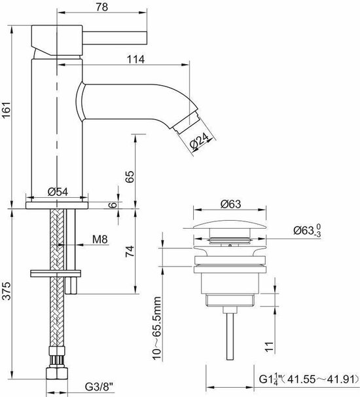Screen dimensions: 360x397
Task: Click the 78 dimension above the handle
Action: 101,7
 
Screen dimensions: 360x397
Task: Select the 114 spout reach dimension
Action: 135,59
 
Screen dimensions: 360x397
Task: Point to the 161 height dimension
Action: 6,109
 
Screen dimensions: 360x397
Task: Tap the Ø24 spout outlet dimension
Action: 199,140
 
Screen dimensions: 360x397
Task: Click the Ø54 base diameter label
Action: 58,192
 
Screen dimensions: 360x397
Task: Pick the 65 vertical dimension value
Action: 130,176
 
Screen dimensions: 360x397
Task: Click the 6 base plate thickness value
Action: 114,204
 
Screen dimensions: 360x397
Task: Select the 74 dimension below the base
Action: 130,251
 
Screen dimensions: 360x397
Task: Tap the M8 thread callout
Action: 100,239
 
